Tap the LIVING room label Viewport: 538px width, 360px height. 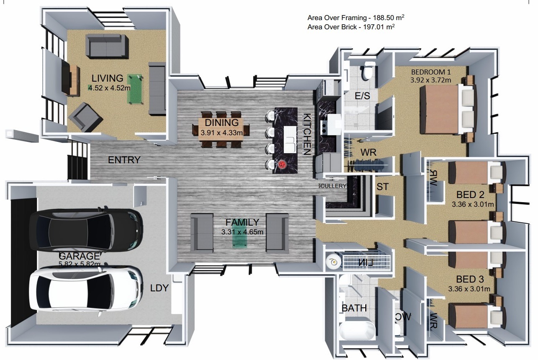pyautogui.click(x=108, y=78)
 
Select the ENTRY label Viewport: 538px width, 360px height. pyautogui.click(x=124, y=160)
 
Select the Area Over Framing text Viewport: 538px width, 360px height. pyautogui.click(x=355, y=18)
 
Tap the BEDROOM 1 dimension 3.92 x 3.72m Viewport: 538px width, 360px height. pyautogui.click(x=431, y=80)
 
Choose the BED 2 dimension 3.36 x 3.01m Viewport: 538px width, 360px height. pyautogui.click(x=473, y=205)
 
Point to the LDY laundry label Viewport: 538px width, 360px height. pyautogui.click(x=159, y=288)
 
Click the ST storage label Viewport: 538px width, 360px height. pyautogui.click(x=382, y=187)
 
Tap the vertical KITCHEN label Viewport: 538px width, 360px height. pyautogui.click(x=307, y=134)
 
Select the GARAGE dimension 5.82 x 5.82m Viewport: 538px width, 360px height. pyautogui.click(x=80, y=264)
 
